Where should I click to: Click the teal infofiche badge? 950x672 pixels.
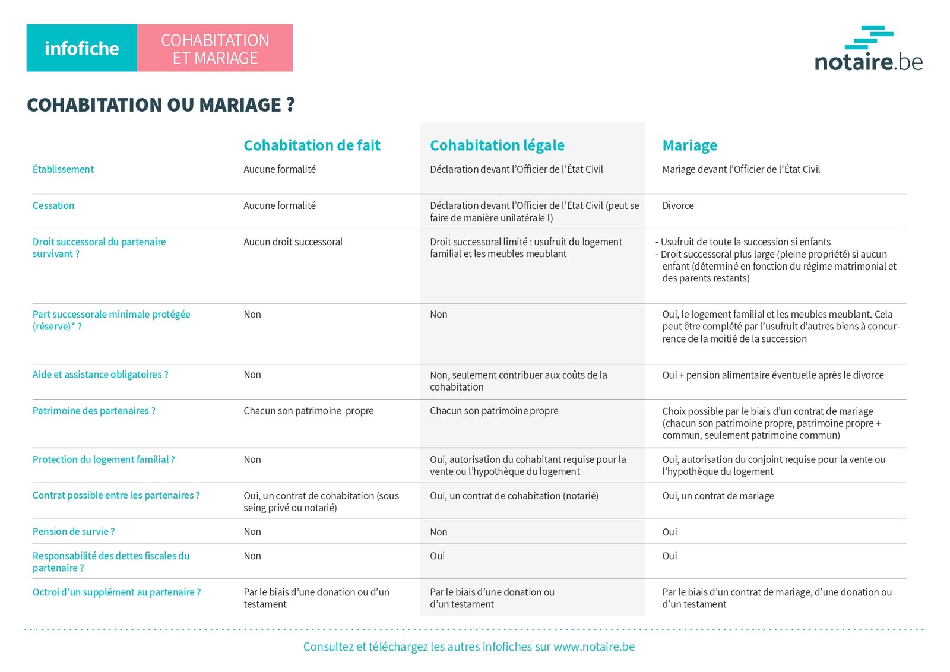click(81, 48)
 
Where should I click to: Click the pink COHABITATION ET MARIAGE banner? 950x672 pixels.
click(215, 48)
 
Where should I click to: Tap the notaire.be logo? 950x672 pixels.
click(868, 49)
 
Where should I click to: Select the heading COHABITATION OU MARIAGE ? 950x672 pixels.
click(160, 105)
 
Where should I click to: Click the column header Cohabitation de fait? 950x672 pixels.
click(312, 145)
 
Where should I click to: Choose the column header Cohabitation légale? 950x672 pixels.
click(497, 145)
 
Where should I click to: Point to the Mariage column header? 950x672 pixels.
click(689, 145)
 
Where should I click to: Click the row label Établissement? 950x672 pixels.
click(63, 169)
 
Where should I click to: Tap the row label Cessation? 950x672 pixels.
click(53, 205)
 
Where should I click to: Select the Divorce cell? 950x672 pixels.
click(677, 205)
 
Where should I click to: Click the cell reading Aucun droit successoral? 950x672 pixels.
click(293, 242)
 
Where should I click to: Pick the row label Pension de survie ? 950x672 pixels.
click(74, 531)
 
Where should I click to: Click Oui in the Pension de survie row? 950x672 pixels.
click(669, 532)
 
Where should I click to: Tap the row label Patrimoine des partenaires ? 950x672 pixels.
click(94, 411)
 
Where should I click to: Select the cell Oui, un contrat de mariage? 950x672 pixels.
click(718, 496)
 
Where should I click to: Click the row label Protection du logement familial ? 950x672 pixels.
click(103, 459)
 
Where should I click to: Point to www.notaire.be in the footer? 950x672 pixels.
click(594, 646)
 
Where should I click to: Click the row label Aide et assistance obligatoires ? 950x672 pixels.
click(100, 375)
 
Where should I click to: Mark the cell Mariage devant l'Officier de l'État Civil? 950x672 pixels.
click(741, 169)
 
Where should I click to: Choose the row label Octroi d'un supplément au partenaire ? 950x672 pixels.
click(116, 592)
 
